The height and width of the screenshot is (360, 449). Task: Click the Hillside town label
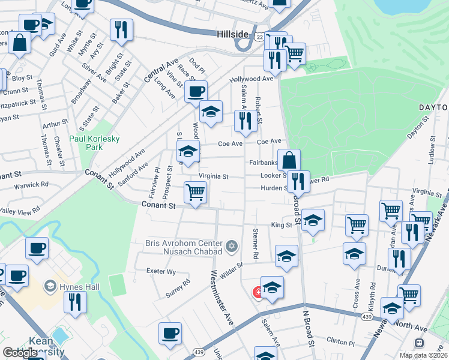232,35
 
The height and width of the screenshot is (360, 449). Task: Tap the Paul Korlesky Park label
95,143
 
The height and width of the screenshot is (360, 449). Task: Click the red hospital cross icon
258,292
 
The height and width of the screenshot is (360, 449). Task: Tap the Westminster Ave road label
221,296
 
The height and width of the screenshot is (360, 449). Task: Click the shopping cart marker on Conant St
194,193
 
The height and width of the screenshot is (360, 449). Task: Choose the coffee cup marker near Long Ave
195,92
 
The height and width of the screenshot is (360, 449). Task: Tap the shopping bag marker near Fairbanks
289,160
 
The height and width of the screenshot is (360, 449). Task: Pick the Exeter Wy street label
161,271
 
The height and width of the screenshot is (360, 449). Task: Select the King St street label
281,225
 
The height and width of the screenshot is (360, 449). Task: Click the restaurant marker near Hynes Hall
75,301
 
